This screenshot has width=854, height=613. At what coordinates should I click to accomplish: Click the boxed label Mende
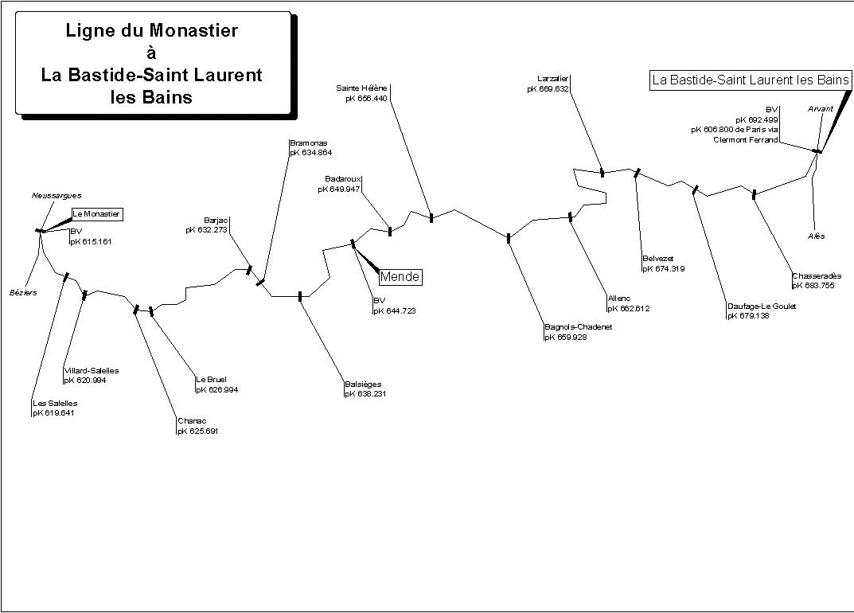coord(400,277)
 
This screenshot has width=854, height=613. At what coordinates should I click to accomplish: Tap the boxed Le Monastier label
coord(97,213)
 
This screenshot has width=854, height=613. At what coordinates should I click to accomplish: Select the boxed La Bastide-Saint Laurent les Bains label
coord(751,80)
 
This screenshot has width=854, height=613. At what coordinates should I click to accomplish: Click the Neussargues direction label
coord(57,195)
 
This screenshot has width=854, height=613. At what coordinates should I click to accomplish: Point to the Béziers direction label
coord(24,292)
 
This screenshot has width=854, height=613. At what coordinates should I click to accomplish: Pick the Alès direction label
coord(816,236)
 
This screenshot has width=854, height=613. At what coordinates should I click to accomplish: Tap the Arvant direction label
coord(821,108)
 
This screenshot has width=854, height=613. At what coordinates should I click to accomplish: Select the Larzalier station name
coord(553,78)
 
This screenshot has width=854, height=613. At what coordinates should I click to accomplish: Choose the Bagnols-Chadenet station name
coord(578,327)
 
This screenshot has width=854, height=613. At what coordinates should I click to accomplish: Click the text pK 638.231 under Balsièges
coord(365,393)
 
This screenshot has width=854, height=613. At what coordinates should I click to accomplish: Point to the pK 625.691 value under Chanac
coord(198,431)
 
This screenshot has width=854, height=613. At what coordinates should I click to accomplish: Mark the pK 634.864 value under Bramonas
coord(310,152)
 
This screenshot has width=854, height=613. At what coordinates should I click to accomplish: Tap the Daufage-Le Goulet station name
coord(761,306)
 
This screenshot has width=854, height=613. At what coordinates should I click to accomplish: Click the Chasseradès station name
coord(817,276)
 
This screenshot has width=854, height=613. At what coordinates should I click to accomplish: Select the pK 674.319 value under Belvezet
coord(664,268)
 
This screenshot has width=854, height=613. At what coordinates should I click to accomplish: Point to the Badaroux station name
coord(343,178)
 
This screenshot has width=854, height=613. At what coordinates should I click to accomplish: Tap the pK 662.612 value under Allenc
coord(629,308)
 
